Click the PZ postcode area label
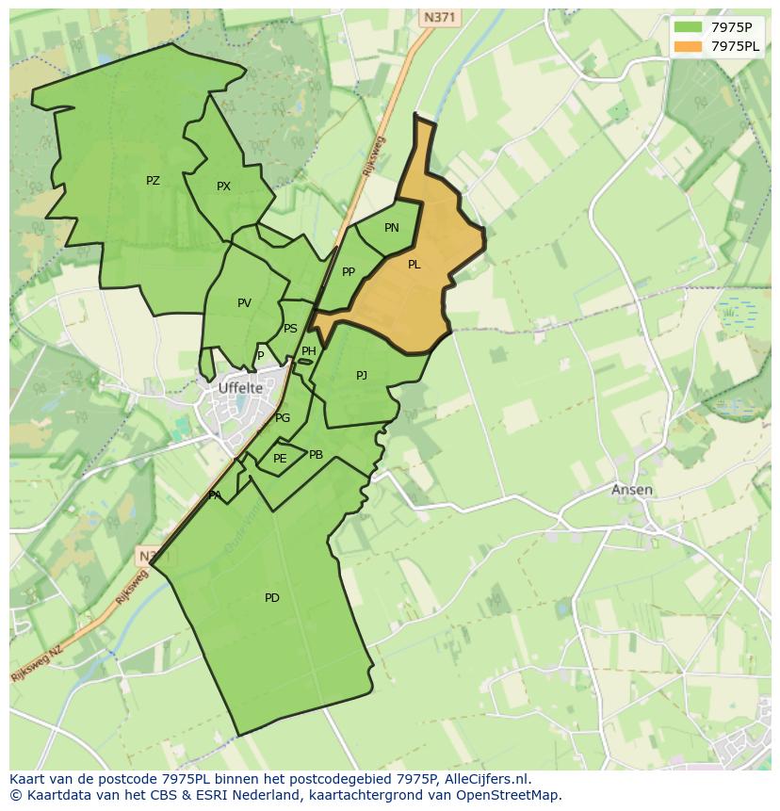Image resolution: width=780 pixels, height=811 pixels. [153, 181]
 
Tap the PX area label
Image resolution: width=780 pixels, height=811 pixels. [223, 187]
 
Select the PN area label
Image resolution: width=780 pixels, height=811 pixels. [392, 228]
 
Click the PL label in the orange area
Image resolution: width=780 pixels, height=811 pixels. [414, 265]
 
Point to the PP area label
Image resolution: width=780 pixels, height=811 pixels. [349, 272]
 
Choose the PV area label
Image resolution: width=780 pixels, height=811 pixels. [244, 303]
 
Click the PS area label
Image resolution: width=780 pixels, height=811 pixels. [290, 329]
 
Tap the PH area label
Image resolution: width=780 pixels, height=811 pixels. [308, 351]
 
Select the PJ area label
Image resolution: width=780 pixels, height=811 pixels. [362, 376]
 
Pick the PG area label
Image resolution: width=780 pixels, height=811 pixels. [283, 418]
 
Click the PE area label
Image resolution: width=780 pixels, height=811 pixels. [280, 459]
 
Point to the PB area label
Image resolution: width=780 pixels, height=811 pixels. [316, 455]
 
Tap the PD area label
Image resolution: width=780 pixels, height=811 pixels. [272, 598]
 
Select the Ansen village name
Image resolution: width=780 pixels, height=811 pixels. [631, 490]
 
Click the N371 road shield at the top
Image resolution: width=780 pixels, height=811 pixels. [439, 17]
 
